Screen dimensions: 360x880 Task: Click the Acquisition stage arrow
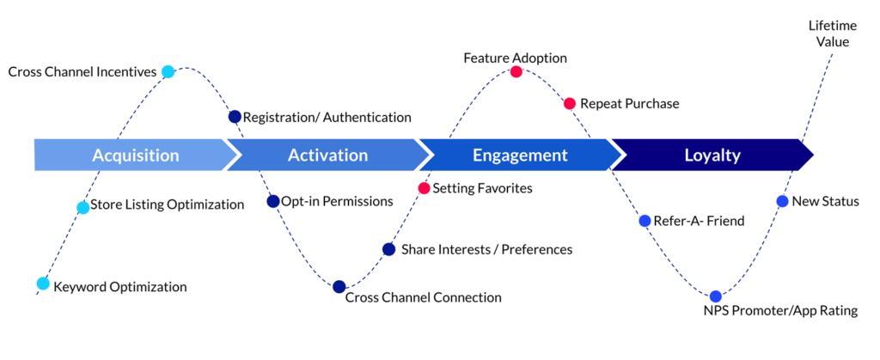pyautogui.click(x=136, y=156)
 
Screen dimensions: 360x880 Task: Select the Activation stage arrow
pyautogui.click(x=327, y=156)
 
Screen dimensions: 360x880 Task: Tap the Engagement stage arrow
pyautogui.click(x=520, y=156)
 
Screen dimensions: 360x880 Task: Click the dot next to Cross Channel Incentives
pyautogui.click(x=168, y=71)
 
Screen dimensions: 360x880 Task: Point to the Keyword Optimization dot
pyautogui.click(x=43, y=284)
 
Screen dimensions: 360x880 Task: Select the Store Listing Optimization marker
pyautogui.click(x=82, y=207)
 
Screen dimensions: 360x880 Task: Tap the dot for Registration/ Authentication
pyautogui.click(x=235, y=116)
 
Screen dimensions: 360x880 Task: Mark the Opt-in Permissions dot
pyautogui.click(x=273, y=201)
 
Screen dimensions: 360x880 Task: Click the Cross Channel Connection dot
pyautogui.click(x=339, y=287)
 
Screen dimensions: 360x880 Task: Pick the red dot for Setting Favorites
pyautogui.click(x=424, y=187)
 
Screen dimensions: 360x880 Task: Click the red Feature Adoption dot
pyautogui.click(x=516, y=72)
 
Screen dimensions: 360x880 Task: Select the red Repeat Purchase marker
pyautogui.click(x=569, y=103)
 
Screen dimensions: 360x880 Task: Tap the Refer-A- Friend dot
pyautogui.click(x=645, y=221)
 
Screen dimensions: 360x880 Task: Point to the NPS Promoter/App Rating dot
pyautogui.click(x=716, y=296)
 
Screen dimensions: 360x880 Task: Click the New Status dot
pyautogui.click(x=782, y=201)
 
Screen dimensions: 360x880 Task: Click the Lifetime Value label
pyautogui.click(x=832, y=33)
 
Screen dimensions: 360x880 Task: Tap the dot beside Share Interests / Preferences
pyautogui.click(x=388, y=249)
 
